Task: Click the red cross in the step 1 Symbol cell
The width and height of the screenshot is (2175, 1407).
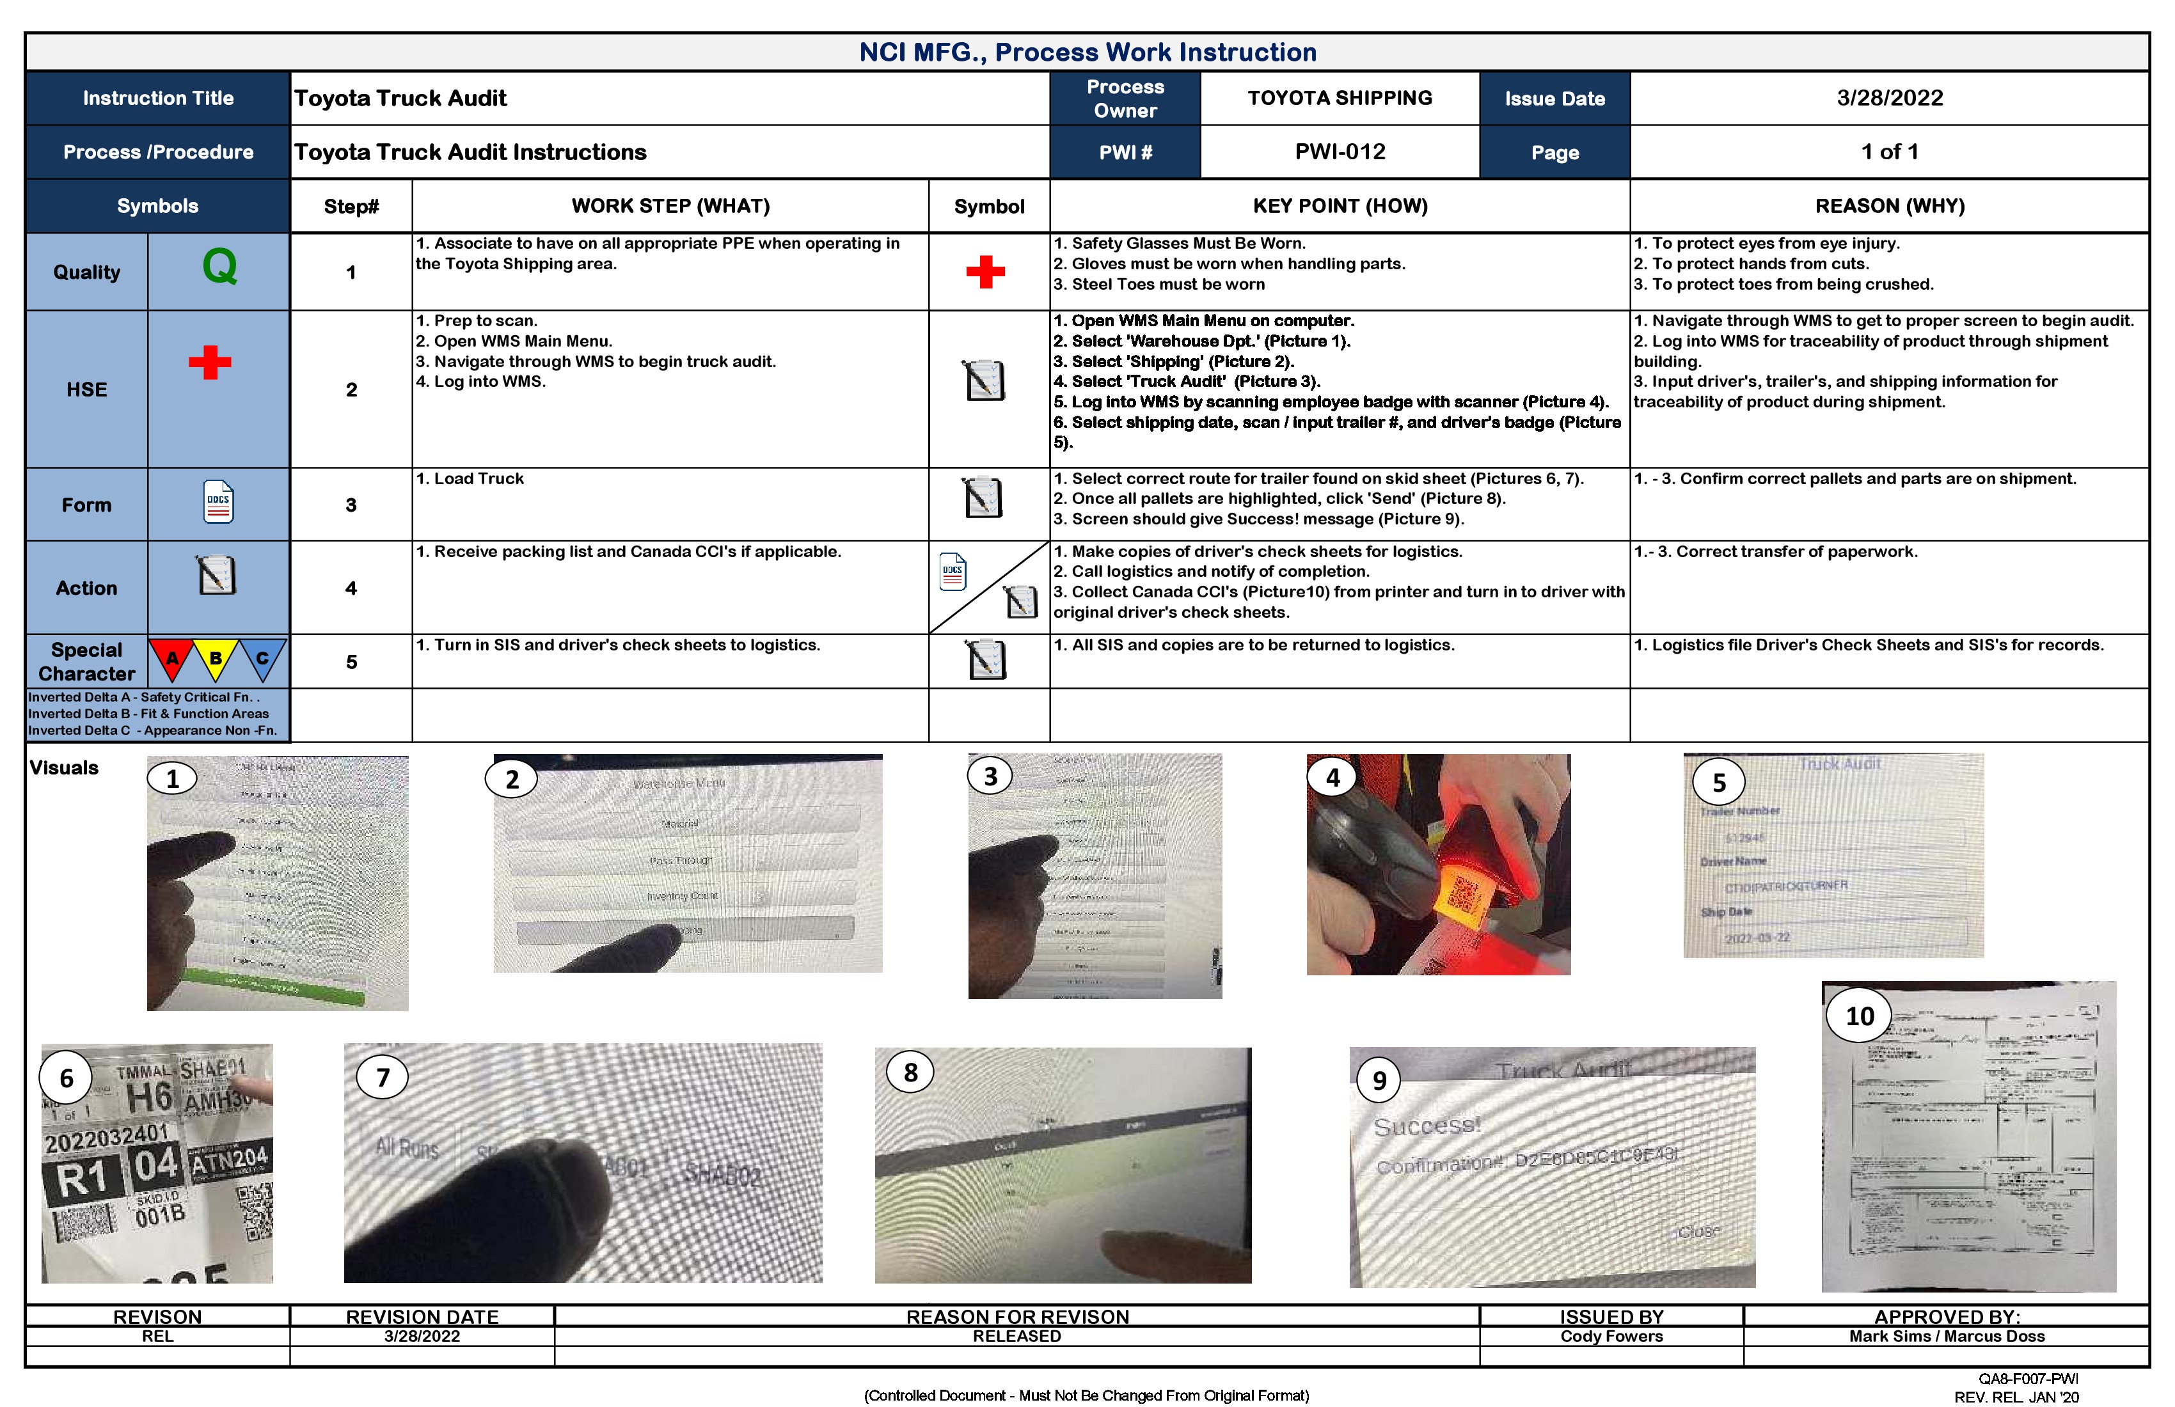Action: pos(985,271)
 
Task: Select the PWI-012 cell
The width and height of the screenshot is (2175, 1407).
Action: pos(1339,152)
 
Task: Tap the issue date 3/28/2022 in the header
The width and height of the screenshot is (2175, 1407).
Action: pos(1889,98)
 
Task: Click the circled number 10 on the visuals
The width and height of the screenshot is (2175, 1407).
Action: pos(1859,1016)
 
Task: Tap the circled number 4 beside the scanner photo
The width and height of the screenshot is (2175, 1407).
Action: pos(1333,778)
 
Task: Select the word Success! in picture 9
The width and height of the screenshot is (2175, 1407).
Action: pos(1427,1126)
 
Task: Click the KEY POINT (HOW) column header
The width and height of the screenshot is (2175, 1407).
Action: pos(1339,205)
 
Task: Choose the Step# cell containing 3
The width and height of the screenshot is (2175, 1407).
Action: pos(351,505)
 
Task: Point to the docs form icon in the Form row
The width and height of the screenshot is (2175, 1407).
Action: pos(218,501)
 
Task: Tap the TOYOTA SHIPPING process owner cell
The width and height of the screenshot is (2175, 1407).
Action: pos(1339,98)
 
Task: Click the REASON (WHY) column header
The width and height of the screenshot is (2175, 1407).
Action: pos(1889,205)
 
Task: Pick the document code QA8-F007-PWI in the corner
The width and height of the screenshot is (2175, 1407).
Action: pos(2028,1379)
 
